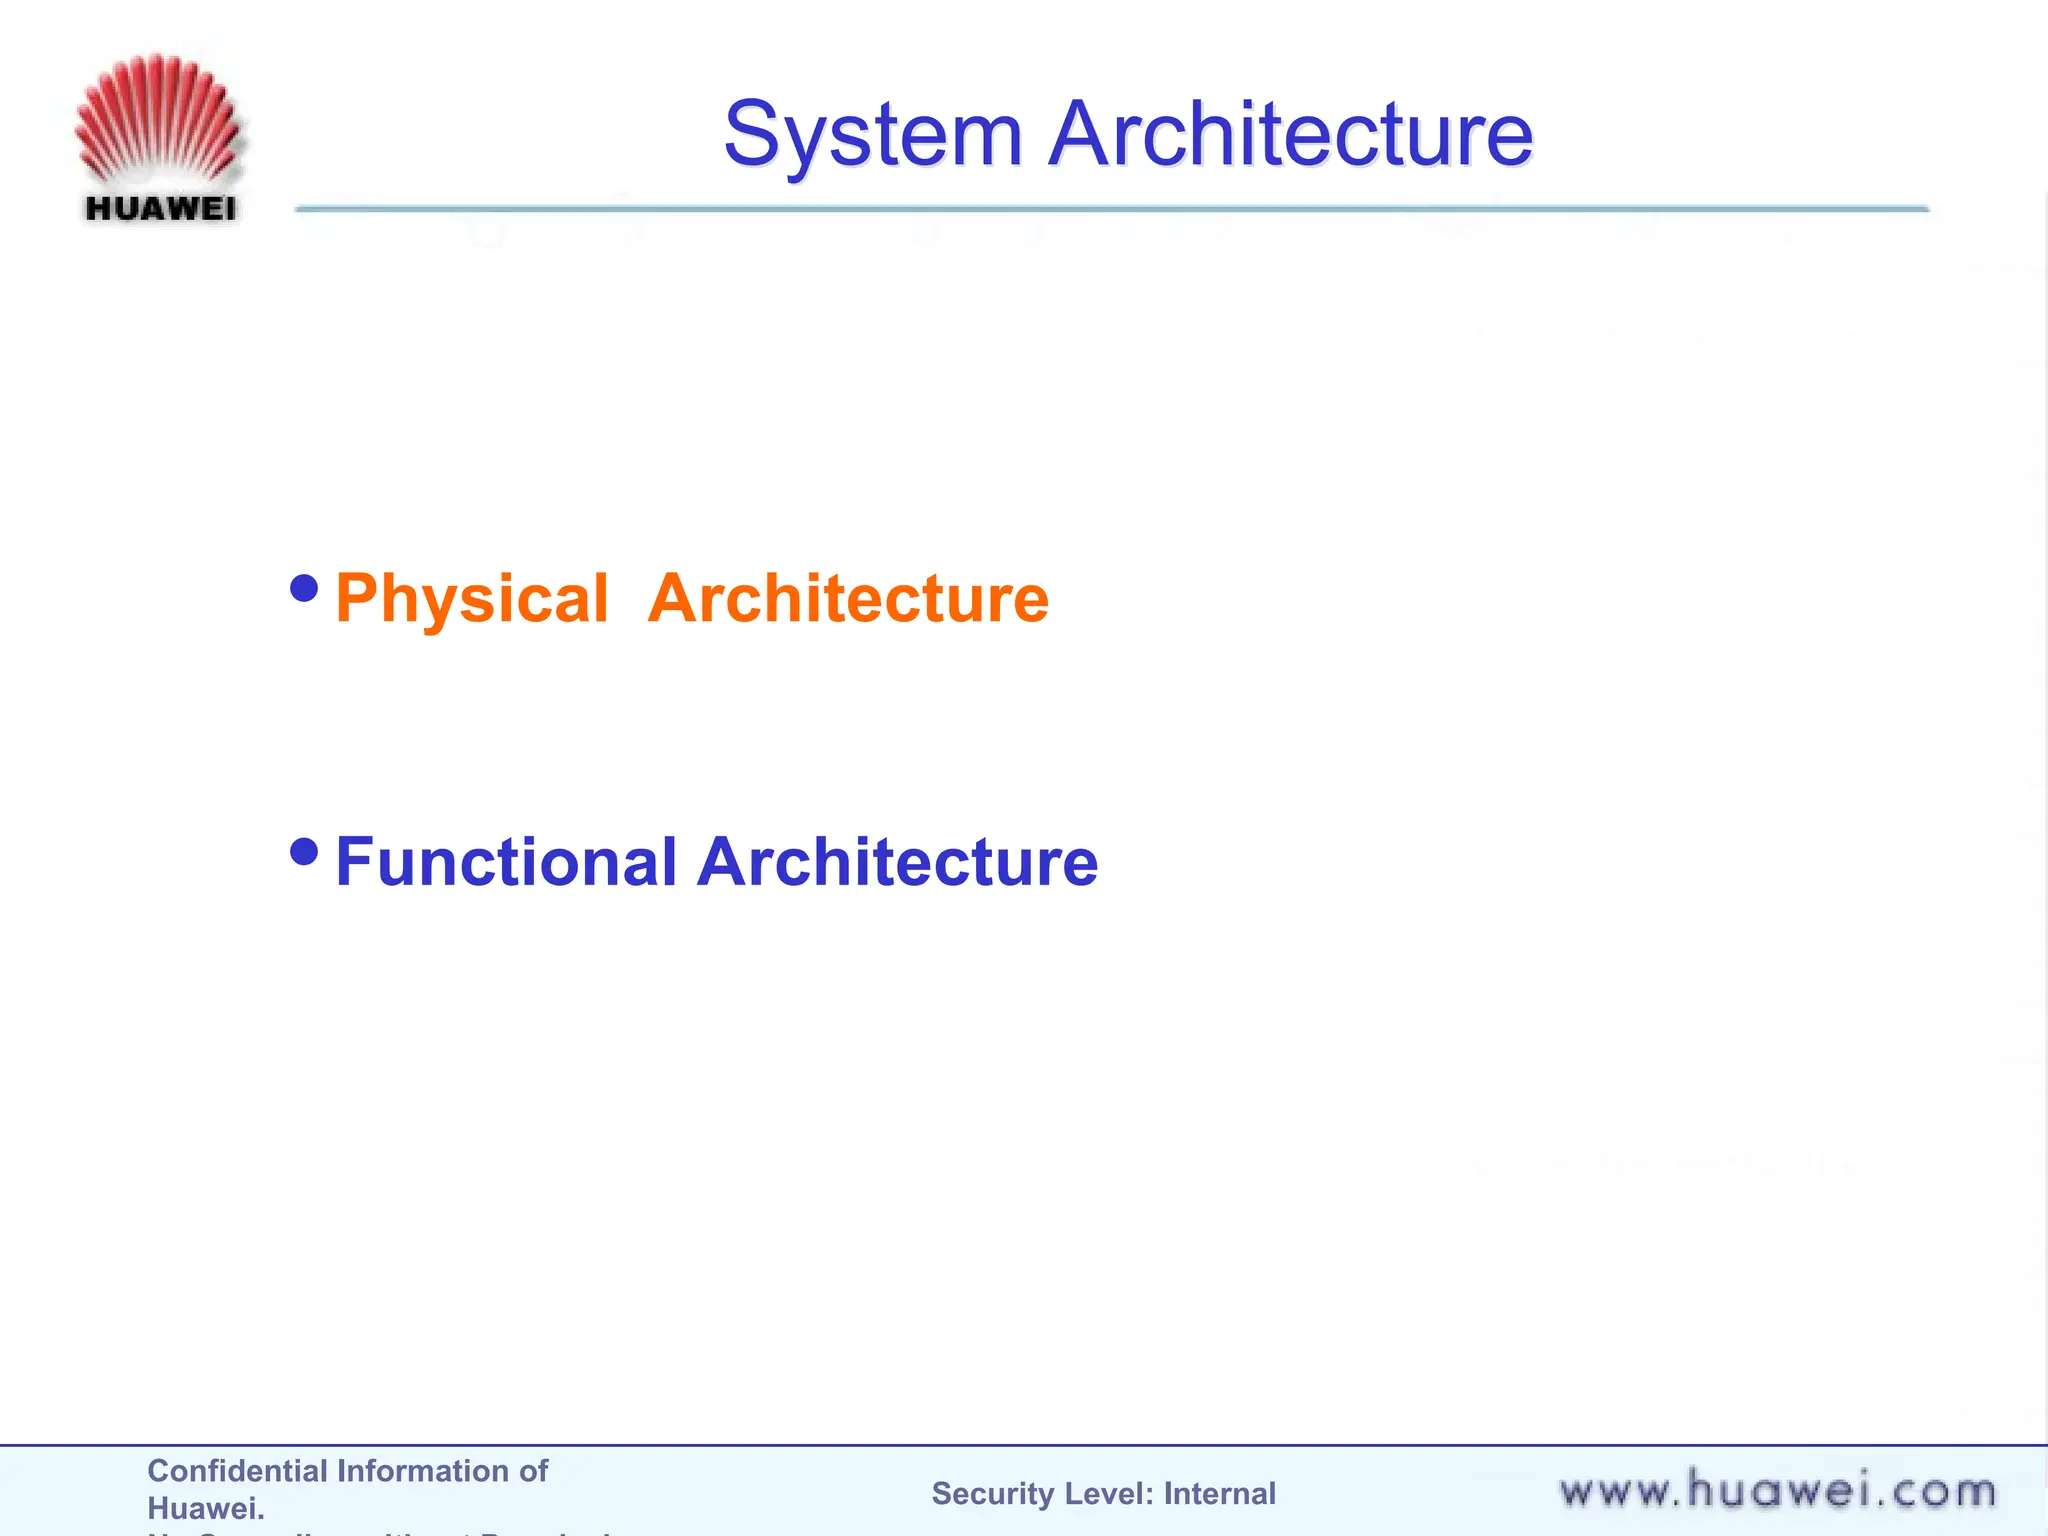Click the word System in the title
click(x=872, y=135)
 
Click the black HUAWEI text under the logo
click(x=160, y=209)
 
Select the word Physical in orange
click(x=471, y=599)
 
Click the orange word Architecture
click(x=848, y=599)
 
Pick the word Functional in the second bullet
click(x=507, y=862)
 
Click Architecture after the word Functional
click(x=897, y=862)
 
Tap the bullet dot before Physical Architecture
click(x=304, y=588)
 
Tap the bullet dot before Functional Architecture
click(x=304, y=852)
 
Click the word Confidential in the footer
click(x=237, y=1471)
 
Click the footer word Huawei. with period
click(x=206, y=1508)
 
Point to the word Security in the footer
click(x=993, y=1494)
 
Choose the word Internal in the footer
click(x=1219, y=1494)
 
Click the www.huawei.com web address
click(x=1777, y=1492)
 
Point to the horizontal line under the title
click(x=1110, y=209)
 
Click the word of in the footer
click(x=533, y=1471)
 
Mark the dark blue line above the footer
click(x=1024, y=1445)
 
